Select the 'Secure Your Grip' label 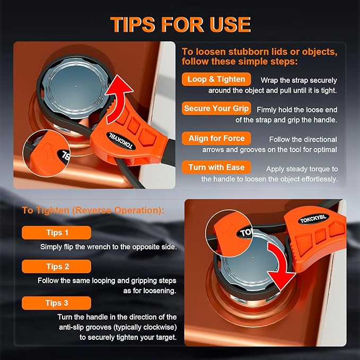[216, 109]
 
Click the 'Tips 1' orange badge [57, 233]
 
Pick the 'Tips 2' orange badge [57, 267]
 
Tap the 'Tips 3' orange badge [57, 303]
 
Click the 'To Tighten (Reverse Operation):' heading [93, 210]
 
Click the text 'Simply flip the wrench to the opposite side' [108, 247]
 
